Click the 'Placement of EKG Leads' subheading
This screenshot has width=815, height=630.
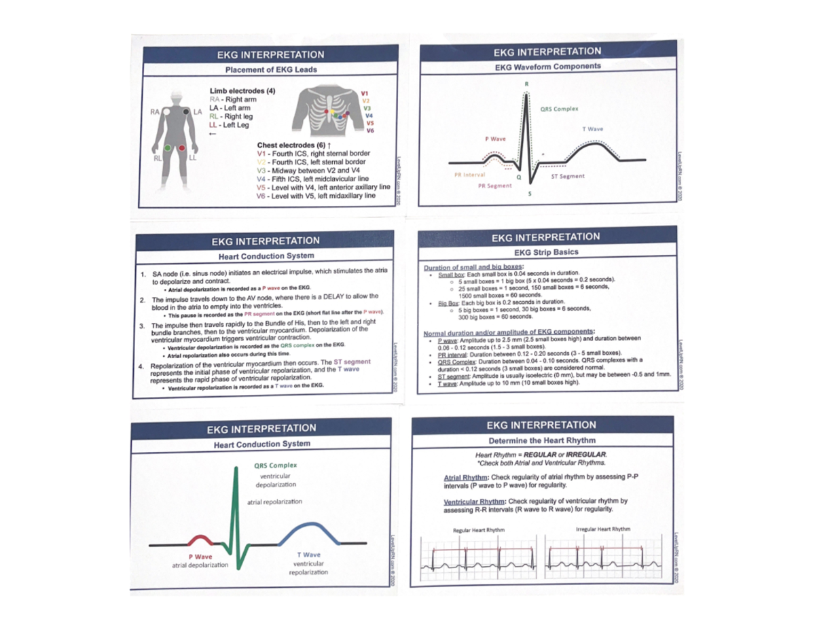coord(270,69)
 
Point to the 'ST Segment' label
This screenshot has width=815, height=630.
coord(568,176)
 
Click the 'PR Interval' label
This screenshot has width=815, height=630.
coord(469,175)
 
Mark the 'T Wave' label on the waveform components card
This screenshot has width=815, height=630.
coord(592,129)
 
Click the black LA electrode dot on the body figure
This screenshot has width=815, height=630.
coord(185,110)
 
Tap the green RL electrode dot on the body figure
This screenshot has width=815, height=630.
coord(167,147)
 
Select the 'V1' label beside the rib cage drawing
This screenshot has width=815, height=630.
coord(365,93)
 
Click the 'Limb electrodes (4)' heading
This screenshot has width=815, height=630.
coord(242,90)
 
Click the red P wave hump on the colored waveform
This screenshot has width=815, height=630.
coord(198,539)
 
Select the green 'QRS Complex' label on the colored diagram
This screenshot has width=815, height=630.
coord(276,466)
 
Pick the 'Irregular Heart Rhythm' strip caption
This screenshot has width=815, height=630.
coord(602,529)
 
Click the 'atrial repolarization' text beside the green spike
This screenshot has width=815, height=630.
coord(275,502)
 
